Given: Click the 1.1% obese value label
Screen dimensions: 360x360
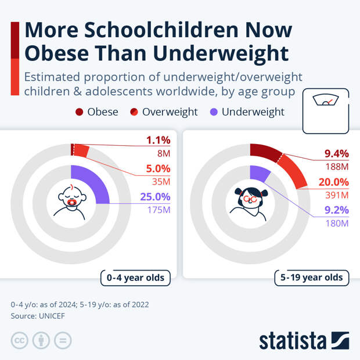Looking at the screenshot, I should pyautogui.click(x=157, y=140).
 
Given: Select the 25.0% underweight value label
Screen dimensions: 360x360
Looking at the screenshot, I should pyautogui.click(x=155, y=197).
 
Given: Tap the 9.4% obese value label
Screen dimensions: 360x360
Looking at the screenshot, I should pyautogui.click(x=336, y=154).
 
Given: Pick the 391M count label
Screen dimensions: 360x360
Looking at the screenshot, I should pyautogui.click(x=336, y=195).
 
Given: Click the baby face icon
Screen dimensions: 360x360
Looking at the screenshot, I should pyautogui.click(x=71, y=200).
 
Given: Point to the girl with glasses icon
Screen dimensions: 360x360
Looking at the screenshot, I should pyautogui.click(x=250, y=200).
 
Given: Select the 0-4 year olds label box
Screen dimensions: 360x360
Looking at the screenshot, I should pyautogui.click(x=135, y=278).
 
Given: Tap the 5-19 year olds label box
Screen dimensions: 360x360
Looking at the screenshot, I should pyautogui.click(x=311, y=278).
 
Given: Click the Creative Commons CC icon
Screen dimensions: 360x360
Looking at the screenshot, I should pyautogui.click(x=20, y=341).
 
